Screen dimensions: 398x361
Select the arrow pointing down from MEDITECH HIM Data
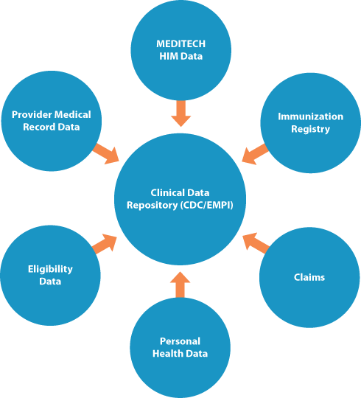coord(180,113)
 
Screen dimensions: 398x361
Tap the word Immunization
coord(310,116)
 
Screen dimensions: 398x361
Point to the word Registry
coord(310,129)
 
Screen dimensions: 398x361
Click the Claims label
coord(310,278)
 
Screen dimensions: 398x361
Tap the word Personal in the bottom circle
coord(180,341)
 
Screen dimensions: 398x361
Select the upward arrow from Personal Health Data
coord(180,284)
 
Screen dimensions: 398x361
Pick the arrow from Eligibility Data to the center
coord(105,243)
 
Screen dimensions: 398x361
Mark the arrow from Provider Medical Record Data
coord(105,153)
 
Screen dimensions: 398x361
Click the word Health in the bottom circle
coord(167,354)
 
